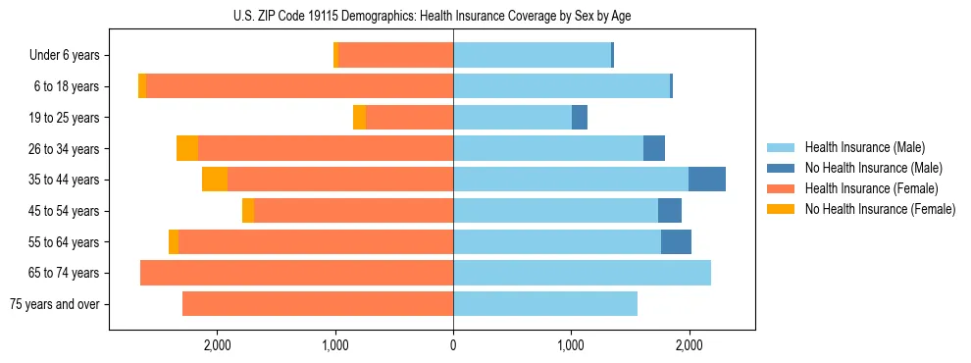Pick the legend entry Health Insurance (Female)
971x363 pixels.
tap(863, 188)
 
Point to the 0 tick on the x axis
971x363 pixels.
tap(453, 345)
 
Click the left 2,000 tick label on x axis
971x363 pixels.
tap(217, 345)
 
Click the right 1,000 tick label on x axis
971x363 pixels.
tap(571, 345)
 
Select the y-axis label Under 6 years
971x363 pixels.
tap(65, 56)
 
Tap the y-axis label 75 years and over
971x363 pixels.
tap(55, 304)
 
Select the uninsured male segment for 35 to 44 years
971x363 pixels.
tap(707, 180)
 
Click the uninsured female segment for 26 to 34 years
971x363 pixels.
tap(187, 148)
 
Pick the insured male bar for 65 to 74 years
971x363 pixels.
tap(582, 273)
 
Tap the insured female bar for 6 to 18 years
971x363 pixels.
tap(299, 86)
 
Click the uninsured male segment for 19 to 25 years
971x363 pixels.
tap(580, 118)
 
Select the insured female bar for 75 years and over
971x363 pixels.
tap(318, 304)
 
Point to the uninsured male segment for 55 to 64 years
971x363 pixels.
tap(676, 241)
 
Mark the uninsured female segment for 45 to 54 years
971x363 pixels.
tap(248, 211)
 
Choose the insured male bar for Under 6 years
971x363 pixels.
tap(532, 56)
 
